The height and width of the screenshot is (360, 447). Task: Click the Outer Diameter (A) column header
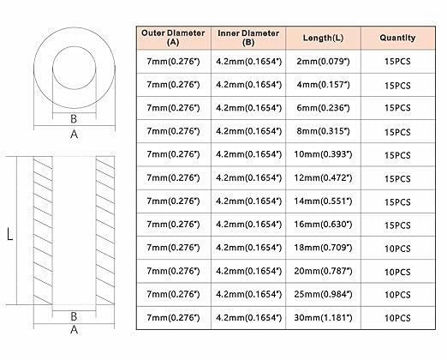coord(173,38)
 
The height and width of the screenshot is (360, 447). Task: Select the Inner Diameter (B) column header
coord(248,38)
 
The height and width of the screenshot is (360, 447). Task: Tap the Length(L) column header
coord(323,38)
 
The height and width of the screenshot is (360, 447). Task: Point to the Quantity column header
coord(397,38)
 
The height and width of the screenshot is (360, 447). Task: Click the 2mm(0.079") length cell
coord(323,62)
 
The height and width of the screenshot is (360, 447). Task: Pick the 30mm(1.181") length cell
coord(323,318)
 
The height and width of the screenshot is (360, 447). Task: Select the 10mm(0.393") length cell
coord(323,154)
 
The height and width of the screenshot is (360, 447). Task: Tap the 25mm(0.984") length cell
coord(323,294)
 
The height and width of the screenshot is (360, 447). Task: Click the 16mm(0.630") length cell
coord(323,225)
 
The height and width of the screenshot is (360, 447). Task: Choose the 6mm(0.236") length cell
coord(323,108)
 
